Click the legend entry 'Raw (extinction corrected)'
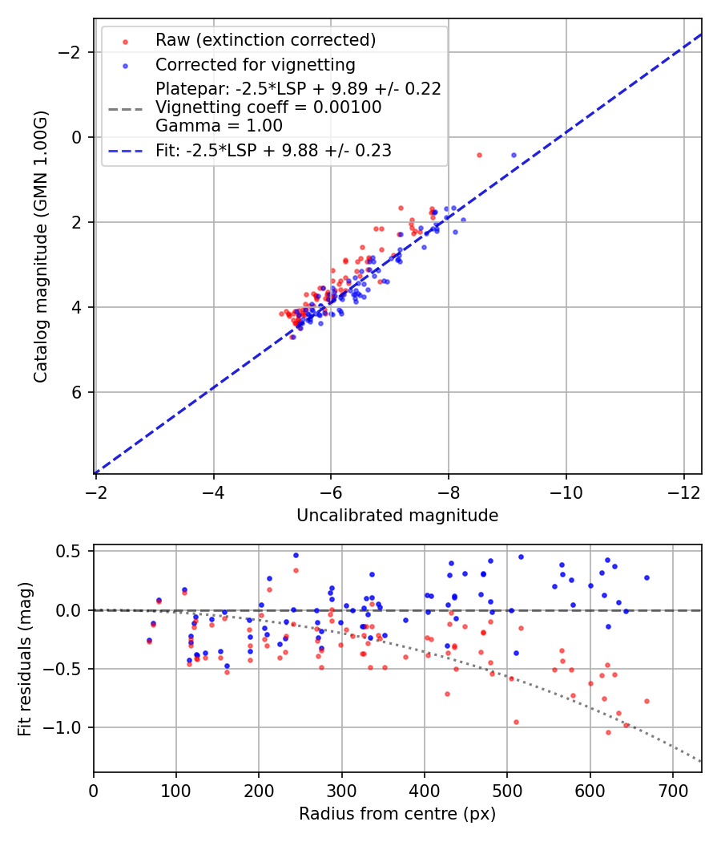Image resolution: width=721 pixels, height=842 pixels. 265,40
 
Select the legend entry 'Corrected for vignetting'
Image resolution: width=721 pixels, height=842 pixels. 256,64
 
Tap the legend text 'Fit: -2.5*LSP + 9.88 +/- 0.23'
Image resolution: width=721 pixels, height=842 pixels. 273,150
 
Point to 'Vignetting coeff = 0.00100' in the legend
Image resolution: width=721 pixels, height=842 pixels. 268,107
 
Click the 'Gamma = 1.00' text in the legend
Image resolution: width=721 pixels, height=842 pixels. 219,125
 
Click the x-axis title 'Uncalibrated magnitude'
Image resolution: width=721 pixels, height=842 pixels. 397,516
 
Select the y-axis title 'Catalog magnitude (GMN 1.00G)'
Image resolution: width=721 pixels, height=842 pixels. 41,247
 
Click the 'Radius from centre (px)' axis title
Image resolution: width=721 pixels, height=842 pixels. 397,814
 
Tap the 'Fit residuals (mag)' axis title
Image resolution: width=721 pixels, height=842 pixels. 24,658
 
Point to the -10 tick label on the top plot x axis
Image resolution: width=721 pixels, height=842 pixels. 566,492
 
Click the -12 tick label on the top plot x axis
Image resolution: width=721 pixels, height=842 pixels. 683,492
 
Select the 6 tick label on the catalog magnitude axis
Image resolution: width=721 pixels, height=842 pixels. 77,392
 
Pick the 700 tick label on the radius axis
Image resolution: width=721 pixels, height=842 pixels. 673,791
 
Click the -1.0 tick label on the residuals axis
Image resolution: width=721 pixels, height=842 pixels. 67,727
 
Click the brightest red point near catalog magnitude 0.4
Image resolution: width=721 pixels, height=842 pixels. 479,155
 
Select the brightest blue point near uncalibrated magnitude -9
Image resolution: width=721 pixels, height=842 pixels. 514,155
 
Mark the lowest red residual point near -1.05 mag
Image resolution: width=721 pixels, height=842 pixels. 608,732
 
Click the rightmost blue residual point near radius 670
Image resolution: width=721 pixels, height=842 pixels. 646,577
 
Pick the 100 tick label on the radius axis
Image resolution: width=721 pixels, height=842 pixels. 176,791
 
